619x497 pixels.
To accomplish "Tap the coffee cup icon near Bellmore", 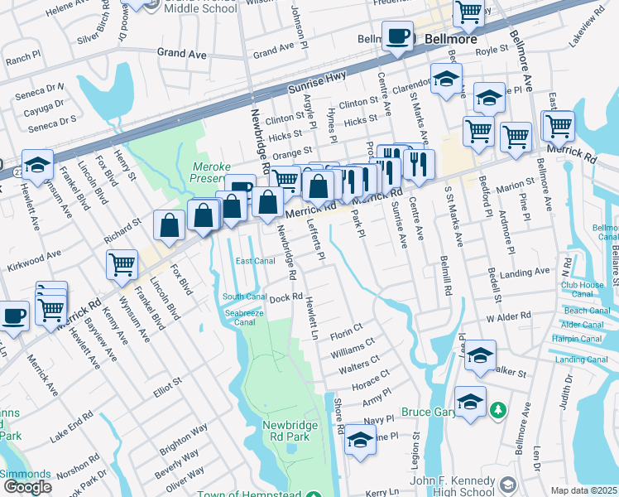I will pos(397,36).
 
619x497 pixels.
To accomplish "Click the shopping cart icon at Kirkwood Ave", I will pos(122,264).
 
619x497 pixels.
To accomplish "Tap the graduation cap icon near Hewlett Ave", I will pos(37,165).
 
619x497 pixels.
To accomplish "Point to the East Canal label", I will pos(254,261).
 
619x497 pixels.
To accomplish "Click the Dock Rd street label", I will pos(282,297).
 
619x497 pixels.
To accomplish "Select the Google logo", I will pos(26,487).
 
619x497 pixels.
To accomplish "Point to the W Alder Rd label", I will pos(513,317).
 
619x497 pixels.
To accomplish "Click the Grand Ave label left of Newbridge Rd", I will pos(181,52).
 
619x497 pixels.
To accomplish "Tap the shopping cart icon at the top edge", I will pos(468,11).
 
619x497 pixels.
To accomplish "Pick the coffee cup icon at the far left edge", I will pos(13,316).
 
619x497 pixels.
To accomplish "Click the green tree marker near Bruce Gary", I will pos(497,410).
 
